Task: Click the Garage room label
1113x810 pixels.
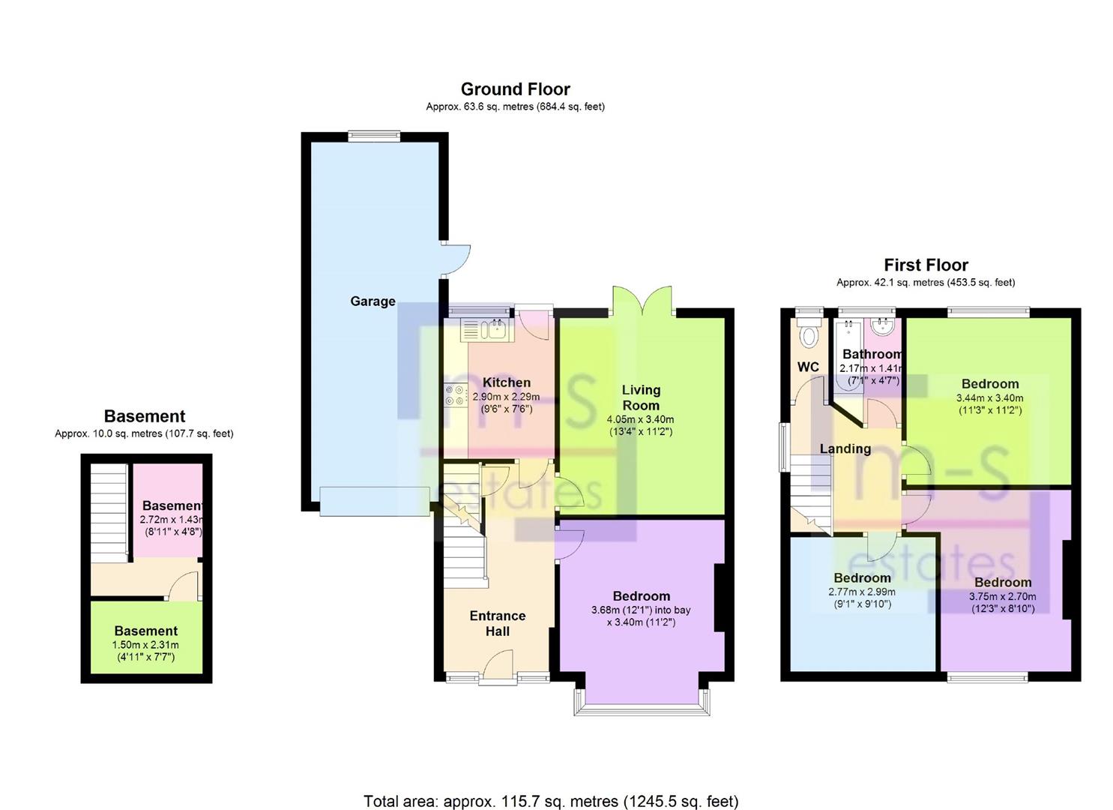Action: point(372,301)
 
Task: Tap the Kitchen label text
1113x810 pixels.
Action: point(507,382)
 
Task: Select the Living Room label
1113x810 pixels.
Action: point(641,397)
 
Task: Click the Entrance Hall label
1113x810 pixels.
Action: point(498,623)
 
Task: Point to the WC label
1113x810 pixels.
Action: point(808,367)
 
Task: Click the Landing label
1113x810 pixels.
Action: point(845,449)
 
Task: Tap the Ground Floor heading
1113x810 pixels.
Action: point(515,89)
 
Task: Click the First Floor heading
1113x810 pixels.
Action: point(926,265)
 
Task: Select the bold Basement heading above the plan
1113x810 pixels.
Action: point(145,415)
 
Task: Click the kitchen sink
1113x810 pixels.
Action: point(487,329)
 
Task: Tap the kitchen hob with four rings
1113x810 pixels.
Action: point(456,395)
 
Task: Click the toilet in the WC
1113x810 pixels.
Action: point(809,332)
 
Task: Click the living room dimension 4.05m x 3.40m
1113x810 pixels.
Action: point(640,419)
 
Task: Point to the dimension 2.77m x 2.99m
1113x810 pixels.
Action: point(862,592)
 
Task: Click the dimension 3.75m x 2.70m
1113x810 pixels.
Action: point(1003,596)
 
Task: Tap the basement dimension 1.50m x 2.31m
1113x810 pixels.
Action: point(145,645)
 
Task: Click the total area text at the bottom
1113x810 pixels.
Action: point(552,787)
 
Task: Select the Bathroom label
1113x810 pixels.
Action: point(872,354)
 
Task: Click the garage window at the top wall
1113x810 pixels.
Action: point(374,135)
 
